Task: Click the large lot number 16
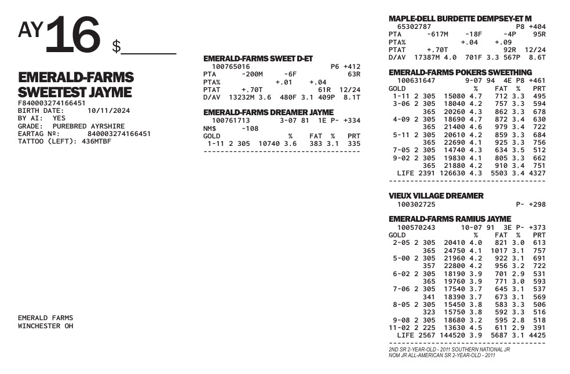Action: pyautogui.click(x=72, y=35)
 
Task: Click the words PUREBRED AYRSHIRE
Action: pyautogui.click(x=88, y=126)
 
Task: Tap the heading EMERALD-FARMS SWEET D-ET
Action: pyautogui.click(x=258, y=59)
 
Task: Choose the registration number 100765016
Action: pyautogui.click(x=231, y=67)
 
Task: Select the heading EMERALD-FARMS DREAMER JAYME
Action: pyautogui.click(x=268, y=112)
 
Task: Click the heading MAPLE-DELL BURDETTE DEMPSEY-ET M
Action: pyautogui.click(x=460, y=19)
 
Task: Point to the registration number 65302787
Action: pyautogui.click(x=414, y=27)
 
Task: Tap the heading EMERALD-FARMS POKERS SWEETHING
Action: pyautogui.click(x=460, y=72)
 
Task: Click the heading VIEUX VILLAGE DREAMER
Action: pyautogui.click(x=436, y=196)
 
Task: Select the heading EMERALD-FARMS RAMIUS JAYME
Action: pyautogui.click(x=450, y=219)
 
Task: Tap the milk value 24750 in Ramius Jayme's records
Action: pyautogui.click(x=454, y=251)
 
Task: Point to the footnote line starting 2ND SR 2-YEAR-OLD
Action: pyautogui.click(x=449, y=350)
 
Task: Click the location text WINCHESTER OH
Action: pyautogui.click(x=46, y=326)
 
